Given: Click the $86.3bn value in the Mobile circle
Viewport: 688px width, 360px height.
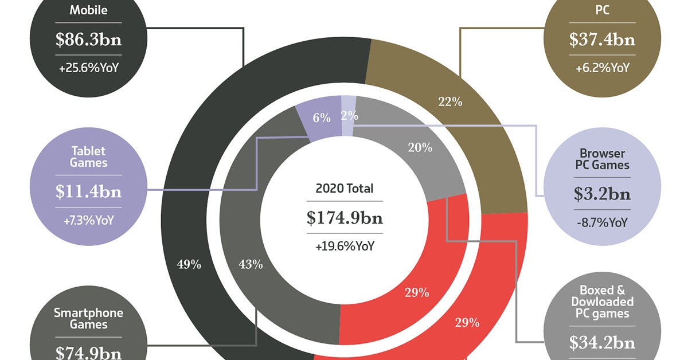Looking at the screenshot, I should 88,40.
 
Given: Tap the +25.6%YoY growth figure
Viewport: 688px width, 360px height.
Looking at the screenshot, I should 88,68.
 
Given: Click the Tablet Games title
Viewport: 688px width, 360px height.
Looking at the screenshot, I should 88,156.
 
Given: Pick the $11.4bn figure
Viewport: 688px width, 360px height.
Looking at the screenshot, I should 88,191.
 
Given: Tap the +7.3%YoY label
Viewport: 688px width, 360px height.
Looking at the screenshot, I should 88,220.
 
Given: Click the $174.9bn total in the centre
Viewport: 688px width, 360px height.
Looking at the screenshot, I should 345,217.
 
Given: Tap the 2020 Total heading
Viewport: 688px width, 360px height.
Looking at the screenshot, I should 345,188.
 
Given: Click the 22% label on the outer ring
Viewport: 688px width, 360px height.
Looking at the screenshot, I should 449,102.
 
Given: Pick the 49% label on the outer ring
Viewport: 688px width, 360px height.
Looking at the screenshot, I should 189,264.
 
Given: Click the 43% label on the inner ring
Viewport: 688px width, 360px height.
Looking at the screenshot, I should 250,264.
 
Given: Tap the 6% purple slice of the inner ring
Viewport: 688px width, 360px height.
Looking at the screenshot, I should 322,118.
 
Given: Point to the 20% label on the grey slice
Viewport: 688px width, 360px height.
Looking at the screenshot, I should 420,147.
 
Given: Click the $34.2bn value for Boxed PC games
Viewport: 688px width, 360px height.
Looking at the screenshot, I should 602,342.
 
